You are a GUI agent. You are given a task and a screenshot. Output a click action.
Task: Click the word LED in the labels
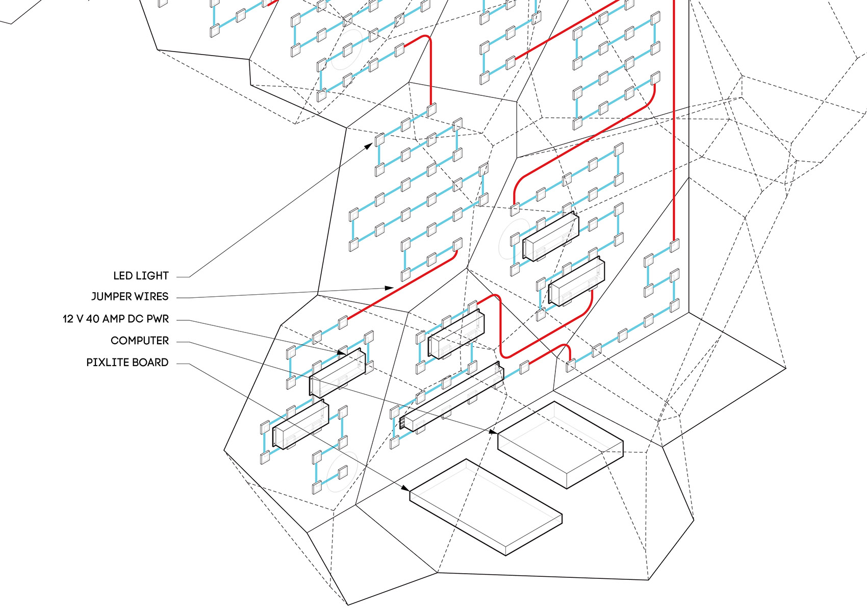(x=122, y=276)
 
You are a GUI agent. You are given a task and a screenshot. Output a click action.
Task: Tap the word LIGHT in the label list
(x=151, y=276)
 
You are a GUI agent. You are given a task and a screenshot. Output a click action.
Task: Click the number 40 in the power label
(x=92, y=319)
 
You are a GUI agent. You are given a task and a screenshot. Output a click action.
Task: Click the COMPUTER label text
(x=139, y=341)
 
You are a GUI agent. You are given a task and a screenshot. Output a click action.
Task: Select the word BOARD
(x=150, y=363)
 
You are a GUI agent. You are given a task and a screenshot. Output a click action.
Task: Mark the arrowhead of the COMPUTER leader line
(x=493, y=432)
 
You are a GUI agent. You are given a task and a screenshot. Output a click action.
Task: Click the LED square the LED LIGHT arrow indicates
(x=379, y=139)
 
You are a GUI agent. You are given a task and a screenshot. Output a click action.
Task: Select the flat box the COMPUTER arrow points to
(x=560, y=444)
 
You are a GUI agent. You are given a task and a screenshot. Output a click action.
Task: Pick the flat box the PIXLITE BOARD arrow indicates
(x=486, y=507)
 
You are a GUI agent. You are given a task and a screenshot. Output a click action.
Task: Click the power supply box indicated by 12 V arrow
(x=338, y=375)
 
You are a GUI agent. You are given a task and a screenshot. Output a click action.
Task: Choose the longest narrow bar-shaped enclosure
(x=451, y=398)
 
